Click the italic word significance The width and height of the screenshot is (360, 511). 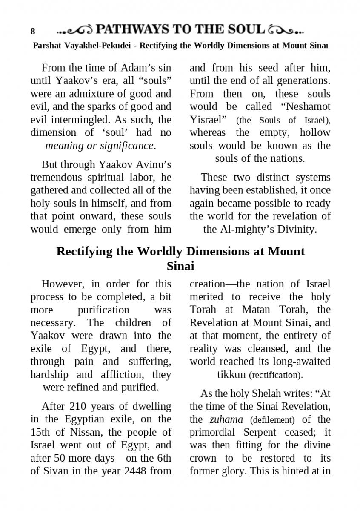click(x=126, y=146)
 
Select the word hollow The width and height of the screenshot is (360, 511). click(x=315, y=132)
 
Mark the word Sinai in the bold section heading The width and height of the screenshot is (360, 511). click(x=180, y=266)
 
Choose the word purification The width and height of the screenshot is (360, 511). click(x=103, y=310)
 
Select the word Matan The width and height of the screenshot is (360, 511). click(x=256, y=310)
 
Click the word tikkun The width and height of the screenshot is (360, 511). click(x=231, y=375)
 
